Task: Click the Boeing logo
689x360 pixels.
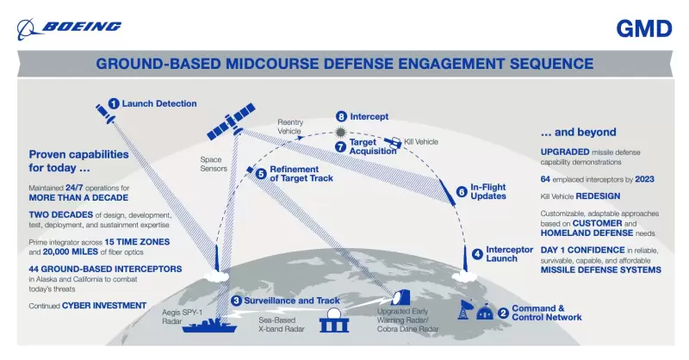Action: (x=69, y=28)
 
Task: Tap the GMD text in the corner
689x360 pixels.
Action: (x=643, y=29)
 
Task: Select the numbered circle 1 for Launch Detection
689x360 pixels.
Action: (x=113, y=103)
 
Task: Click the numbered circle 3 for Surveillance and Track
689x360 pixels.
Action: (x=235, y=301)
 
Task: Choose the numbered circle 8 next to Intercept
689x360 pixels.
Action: (x=341, y=116)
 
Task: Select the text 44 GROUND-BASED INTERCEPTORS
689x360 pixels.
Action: (x=105, y=269)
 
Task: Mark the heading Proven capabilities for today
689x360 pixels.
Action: (x=78, y=161)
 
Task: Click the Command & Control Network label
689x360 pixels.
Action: (x=546, y=313)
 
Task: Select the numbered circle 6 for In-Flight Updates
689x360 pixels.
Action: (x=462, y=191)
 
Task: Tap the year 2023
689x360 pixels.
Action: (x=647, y=178)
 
